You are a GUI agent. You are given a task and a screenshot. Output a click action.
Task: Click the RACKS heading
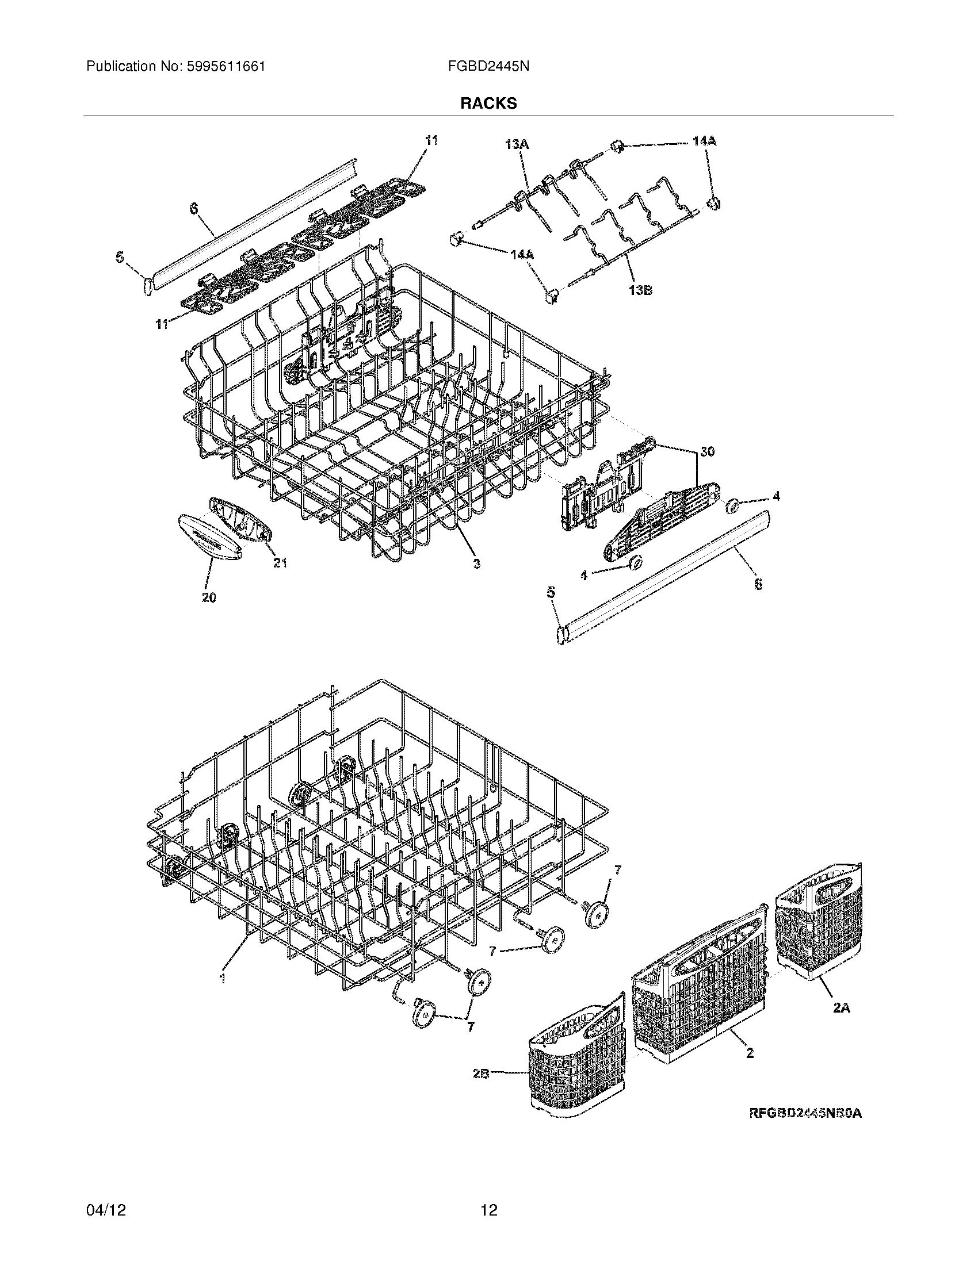click(488, 103)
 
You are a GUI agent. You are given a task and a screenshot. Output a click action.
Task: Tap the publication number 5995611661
click(226, 67)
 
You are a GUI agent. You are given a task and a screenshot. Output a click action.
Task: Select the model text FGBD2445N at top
click(488, 67)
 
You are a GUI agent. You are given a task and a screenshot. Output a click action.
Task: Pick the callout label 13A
click(516, 145)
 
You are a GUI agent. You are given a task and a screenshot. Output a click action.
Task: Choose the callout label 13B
click(640, 290)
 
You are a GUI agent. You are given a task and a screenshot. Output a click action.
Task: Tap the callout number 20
click(209, 597)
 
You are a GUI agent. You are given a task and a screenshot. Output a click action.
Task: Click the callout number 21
click(280, 562)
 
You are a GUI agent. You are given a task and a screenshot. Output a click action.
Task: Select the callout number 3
click(476, 563)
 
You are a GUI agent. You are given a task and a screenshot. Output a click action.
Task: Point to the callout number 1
click(222, 977)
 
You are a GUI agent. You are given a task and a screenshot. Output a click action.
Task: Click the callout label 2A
click(841, 1008)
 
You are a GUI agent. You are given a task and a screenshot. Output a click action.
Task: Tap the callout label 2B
click(480, 1074)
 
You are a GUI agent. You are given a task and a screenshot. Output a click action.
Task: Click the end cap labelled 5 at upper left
click(148, 286)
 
